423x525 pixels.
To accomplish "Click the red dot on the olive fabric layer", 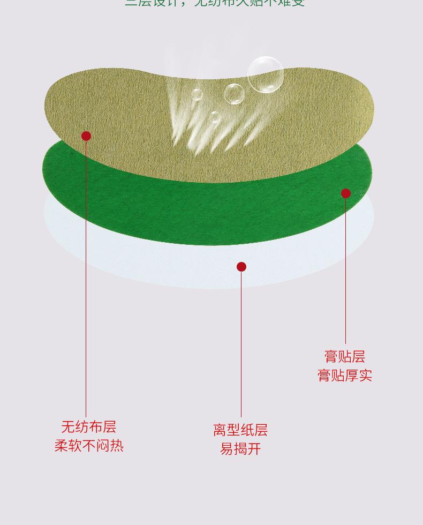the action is [86, 136].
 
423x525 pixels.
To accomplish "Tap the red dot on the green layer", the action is [346, 193].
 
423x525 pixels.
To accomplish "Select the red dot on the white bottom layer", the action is [241, 267].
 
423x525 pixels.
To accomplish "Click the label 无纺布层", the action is [88, 427].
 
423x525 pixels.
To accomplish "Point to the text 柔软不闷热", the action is [89, 446].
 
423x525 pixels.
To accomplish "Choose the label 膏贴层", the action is [345, 357].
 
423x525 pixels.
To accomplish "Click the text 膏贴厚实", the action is [345, 376].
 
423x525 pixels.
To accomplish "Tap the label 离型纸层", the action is [240, 430].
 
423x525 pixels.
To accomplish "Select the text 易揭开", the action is [240, 449].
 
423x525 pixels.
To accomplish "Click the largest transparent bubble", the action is [266, 74].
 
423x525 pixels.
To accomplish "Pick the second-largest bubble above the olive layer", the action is [234, 94].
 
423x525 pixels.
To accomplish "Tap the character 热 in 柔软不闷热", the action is [117, 446].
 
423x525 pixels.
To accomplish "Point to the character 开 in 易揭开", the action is [254, 449].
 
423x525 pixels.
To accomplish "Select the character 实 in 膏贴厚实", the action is [366, 376].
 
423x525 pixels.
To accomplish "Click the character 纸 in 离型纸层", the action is [247, 430].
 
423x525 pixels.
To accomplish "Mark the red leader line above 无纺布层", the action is [86, 279].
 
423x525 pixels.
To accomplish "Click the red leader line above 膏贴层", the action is [346, 268].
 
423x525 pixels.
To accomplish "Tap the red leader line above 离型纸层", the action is [241, 343].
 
